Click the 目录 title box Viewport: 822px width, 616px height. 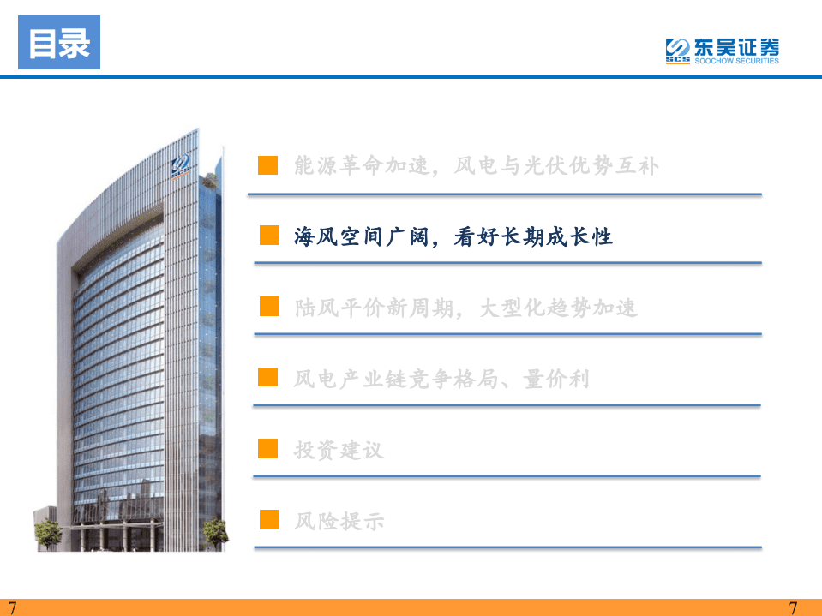(59, 43)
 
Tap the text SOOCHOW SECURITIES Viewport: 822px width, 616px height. (736, 62)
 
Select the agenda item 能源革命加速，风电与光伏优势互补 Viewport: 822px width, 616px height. (477, 165)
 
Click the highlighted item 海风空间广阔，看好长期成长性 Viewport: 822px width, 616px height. (453, 236)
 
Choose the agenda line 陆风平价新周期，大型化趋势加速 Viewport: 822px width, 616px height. (465, 308)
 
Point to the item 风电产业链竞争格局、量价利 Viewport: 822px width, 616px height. (441, 378)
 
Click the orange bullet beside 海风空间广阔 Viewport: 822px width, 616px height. (269, 236)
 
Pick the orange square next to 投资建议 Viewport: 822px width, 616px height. (269, 448)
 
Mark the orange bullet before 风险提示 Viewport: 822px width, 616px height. (269, 519)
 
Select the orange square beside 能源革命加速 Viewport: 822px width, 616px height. (269, 165)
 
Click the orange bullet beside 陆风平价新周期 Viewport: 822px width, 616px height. (269, 307)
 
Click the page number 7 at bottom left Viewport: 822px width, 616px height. (12, 607)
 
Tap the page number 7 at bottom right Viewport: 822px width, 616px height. (793, 607)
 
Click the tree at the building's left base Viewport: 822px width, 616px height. (47, 533)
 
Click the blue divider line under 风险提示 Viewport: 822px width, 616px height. (507, 547)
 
